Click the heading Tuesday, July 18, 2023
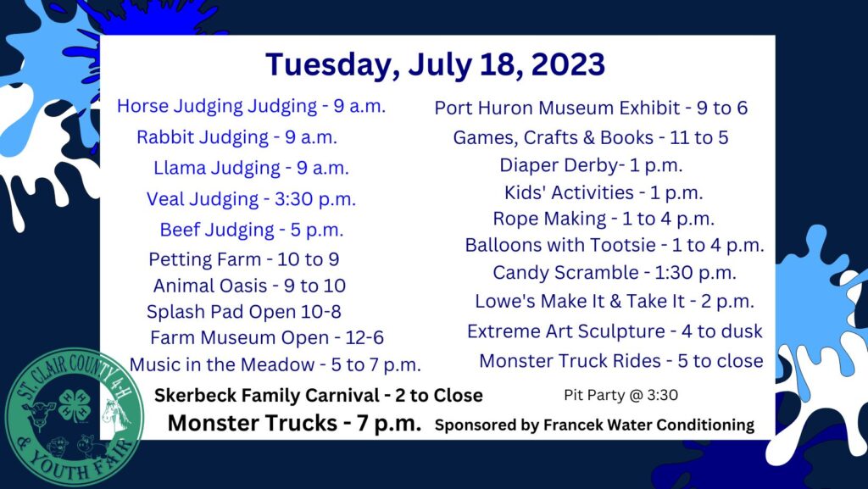435,65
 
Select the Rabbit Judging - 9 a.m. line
237,137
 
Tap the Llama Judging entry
251,168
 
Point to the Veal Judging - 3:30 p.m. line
251,199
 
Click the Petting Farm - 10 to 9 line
244,259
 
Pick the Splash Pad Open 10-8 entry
244,312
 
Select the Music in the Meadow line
275,365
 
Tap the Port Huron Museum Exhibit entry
591,108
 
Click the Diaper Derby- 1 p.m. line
591,165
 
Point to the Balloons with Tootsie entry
615,245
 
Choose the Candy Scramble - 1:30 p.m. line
615,273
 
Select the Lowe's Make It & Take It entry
615,302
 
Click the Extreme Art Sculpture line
615,331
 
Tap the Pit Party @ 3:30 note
620,395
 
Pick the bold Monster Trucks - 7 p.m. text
294,423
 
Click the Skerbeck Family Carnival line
319,396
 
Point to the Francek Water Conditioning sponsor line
594,425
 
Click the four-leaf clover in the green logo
75,405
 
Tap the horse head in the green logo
115,416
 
